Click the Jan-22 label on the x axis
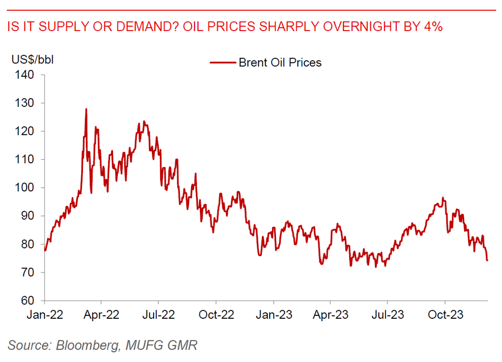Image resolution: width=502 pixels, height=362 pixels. click(x=45, y=315)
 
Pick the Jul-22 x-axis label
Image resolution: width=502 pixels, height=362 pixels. click(x=158, y=315)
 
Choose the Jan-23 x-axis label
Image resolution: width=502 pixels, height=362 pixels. click(x=274, y=315)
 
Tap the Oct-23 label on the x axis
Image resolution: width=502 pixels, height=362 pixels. click(x=445, y=315)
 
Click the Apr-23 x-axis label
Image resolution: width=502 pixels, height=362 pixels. click(x=330, y=315)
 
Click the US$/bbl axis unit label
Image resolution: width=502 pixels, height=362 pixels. click(x=32, y=60)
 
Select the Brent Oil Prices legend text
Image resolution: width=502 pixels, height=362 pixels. click(x=280, y=62)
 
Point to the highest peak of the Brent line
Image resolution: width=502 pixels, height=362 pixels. click(x=86, y=109)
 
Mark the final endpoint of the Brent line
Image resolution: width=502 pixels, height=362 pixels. click(x=487, y=260)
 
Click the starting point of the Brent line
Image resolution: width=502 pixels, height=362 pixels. click(x=45, y=250)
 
